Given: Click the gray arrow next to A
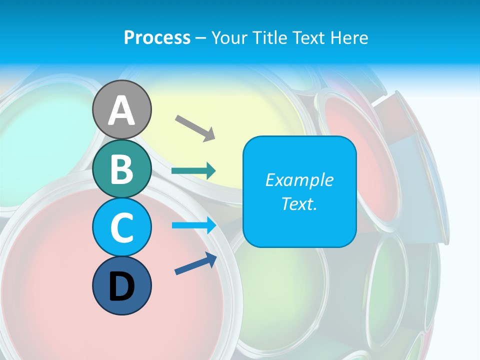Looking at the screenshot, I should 195,127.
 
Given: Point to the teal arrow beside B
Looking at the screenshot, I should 193,171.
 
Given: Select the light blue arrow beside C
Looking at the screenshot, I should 194,225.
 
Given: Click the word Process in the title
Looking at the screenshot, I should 157,37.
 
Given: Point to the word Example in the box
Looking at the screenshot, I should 299,180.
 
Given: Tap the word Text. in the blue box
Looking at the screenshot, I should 299,204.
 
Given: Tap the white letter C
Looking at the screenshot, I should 122,227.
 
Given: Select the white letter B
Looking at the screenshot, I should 122,169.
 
